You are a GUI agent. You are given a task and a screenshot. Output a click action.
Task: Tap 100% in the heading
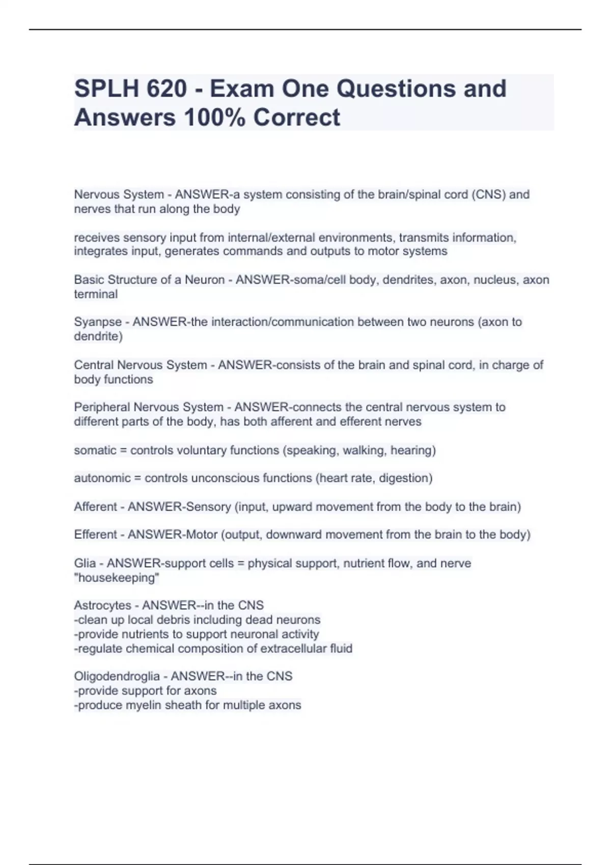point(214,118)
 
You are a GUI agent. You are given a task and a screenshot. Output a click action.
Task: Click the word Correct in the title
point(297,118)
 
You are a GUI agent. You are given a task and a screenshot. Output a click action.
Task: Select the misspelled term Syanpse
point(98,322)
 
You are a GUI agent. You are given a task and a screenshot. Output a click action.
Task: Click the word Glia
point(85,563)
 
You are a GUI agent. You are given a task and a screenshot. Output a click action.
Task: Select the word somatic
point(95,450)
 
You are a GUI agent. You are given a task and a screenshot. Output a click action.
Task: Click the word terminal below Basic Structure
point(96,294)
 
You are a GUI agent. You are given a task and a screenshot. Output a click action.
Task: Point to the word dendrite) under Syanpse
point(98,336)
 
